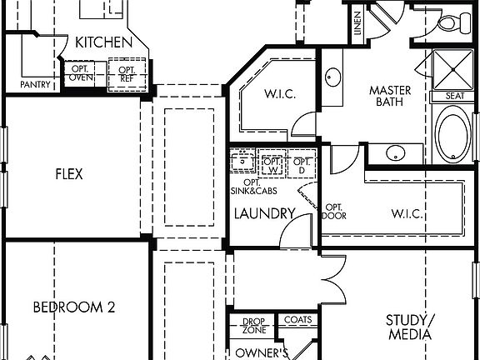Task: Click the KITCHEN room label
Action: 103,42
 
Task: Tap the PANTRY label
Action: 36,84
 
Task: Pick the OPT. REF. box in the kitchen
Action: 127,73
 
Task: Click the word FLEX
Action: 69,175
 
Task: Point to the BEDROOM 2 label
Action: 74,307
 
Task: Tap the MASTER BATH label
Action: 387,94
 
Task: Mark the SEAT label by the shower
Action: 454,96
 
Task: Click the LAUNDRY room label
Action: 264,213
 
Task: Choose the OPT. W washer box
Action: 271,165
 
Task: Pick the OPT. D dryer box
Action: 302,165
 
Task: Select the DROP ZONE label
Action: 253,325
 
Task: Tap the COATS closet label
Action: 297,319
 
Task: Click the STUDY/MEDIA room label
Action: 409,327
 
